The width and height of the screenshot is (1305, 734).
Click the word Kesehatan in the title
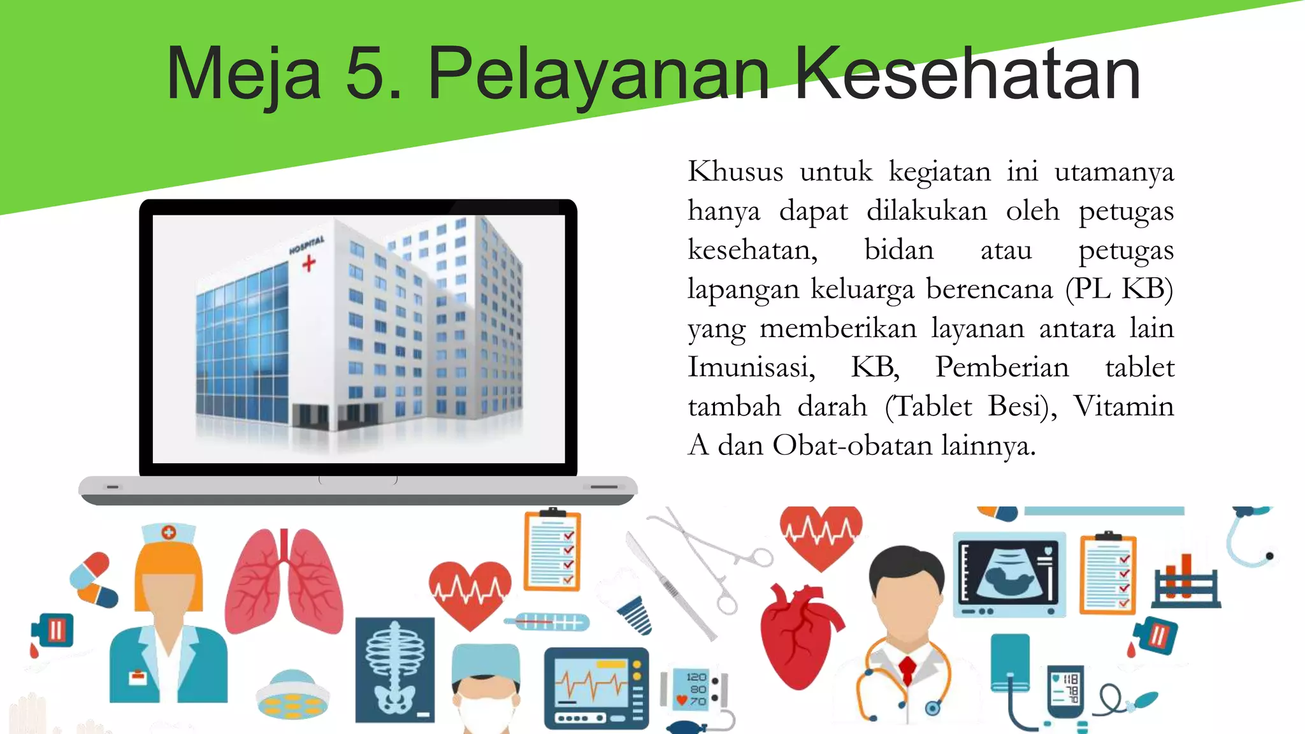coord(967,73)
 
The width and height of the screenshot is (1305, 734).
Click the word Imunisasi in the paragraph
coord(751,368)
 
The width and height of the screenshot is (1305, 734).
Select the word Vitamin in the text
coord(1123,407)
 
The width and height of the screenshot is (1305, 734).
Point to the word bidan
coord(898,250)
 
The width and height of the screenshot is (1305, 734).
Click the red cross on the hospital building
coord(309,263)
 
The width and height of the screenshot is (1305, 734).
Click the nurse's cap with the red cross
coord(168,533)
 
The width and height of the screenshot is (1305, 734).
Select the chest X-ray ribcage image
coord(395,669)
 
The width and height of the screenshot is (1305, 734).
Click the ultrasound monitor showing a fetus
coord(1009,574)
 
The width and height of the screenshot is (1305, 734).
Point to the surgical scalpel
coord(669,586)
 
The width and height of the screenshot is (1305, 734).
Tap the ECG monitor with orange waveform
coord(596,688)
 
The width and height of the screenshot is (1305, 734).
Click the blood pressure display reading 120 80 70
coord(696,689)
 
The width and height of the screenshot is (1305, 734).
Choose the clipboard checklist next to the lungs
coord(552,551)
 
